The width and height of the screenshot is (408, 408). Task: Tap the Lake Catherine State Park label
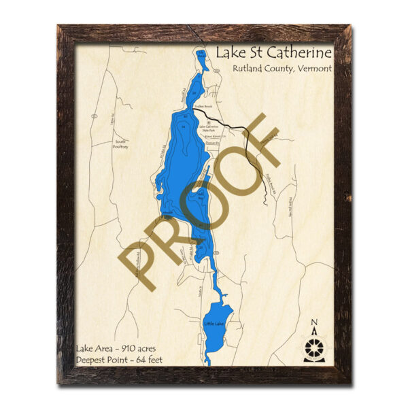[x=210, y=127]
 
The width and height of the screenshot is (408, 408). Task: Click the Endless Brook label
[x=205, y=107]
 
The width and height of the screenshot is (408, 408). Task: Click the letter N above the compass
[x=313, y=323]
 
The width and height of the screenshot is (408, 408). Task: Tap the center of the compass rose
[x=313, y=348]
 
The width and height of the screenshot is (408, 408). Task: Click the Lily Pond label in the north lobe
[x=200, y=56]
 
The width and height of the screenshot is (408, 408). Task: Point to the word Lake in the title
[x=231, y=52]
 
